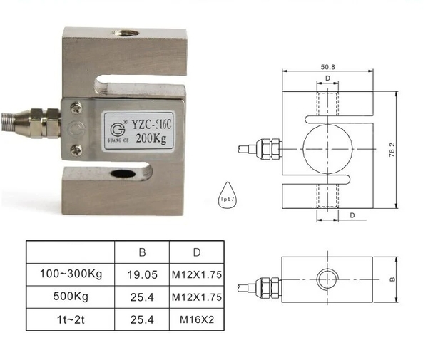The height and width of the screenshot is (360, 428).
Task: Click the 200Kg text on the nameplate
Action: point(151,139)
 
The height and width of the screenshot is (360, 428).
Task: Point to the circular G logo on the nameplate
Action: point(118,129)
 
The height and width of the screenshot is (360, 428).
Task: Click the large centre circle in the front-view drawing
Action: point(327,147)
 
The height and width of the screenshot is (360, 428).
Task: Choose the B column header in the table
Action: point(142,252)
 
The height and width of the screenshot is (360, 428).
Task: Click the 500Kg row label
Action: point(71,297)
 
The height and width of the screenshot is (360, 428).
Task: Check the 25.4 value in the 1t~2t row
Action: point(142,320)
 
